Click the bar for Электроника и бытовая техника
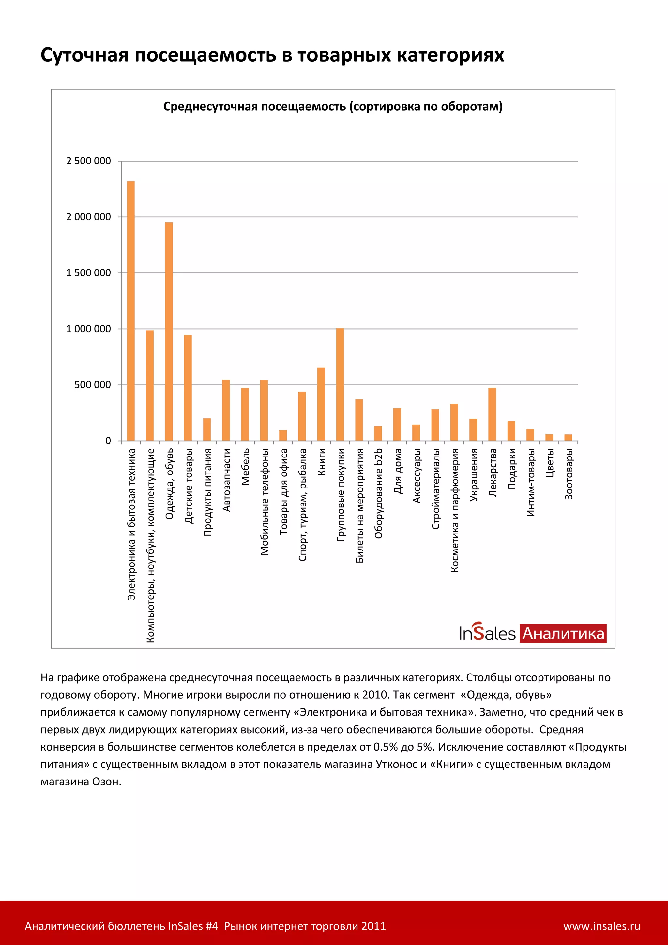coord(131,311)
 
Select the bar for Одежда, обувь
coord(169,331)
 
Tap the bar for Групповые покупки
coord(340,384)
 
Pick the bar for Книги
coord(321,404)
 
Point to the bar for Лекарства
coord(492,414)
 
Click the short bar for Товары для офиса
coord(283,435)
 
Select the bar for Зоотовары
coord(568,438)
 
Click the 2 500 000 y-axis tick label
coord(88,161)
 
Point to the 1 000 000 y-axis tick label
coord(88,329)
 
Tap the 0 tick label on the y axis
coord(108,441)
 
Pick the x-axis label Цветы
coord(550,463)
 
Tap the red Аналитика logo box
coord(563,633)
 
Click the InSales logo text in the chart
coord(487,633)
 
